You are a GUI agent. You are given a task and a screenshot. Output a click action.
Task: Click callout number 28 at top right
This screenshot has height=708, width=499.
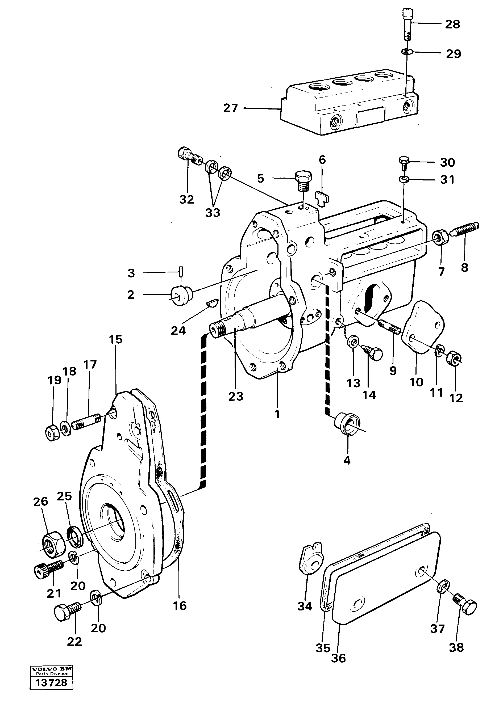[452, 24]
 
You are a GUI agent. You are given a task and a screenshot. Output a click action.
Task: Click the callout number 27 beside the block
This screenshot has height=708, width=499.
[231, 108]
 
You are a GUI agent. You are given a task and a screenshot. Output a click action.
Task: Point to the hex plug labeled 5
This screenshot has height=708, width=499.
[303, 182]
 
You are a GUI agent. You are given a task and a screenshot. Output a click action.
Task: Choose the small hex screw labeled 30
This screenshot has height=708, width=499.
[404, 162]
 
